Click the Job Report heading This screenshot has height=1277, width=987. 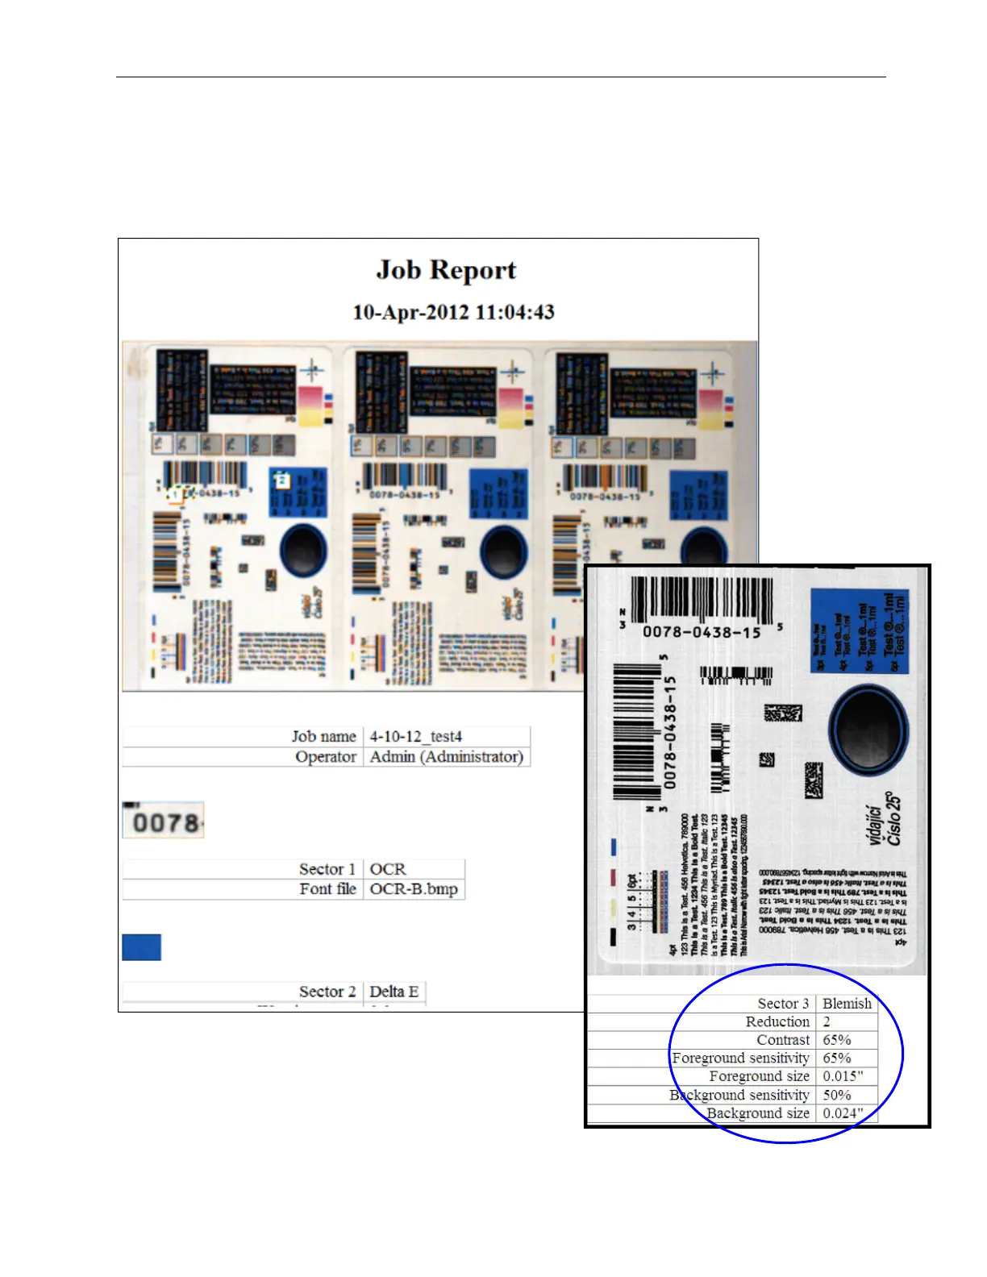tap(446, 270)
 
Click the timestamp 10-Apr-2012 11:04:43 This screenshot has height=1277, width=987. tap(453, 312)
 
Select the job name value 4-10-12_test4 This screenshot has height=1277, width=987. tap(415, 736)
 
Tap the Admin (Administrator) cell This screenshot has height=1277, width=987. tap(446, 756)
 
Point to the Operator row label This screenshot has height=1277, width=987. tap(325, 756)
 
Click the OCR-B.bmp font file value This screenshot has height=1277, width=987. tap(413, 888)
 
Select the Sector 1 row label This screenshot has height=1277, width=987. tap(327, 868)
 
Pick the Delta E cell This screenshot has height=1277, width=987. tap(394, 992)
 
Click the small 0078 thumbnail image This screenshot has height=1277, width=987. tap(163, 821)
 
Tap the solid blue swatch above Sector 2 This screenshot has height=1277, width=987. tap(141, 947)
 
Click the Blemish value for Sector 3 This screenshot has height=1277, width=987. tap(846, 1003)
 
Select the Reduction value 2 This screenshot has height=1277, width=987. tap(827, 1021)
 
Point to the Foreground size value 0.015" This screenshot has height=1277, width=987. tap(843, 1076)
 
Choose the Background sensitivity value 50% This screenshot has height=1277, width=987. tap(837, 1095)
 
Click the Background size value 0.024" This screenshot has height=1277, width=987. tap(843, 1113)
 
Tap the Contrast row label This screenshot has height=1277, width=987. tap(782, 1040)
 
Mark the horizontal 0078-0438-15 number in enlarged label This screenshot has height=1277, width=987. tap(702, 632)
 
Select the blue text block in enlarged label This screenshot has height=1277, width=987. tap(859, 631)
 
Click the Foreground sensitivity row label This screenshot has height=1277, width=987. tap(740, 1058)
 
